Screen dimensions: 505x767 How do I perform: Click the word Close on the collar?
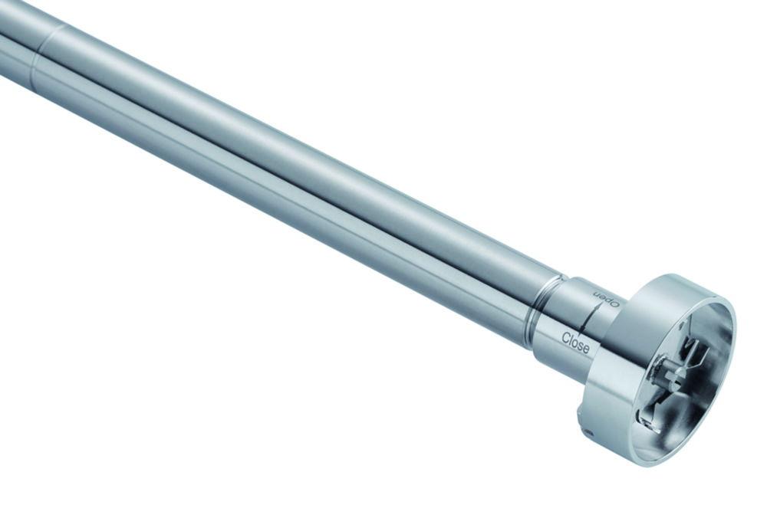point(576,342)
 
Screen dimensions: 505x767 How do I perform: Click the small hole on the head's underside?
point(588,432)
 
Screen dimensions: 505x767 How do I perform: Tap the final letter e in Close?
point(587,349)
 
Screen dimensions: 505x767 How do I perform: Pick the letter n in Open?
point(597,293)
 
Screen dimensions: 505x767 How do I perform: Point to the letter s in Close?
point(581,346)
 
